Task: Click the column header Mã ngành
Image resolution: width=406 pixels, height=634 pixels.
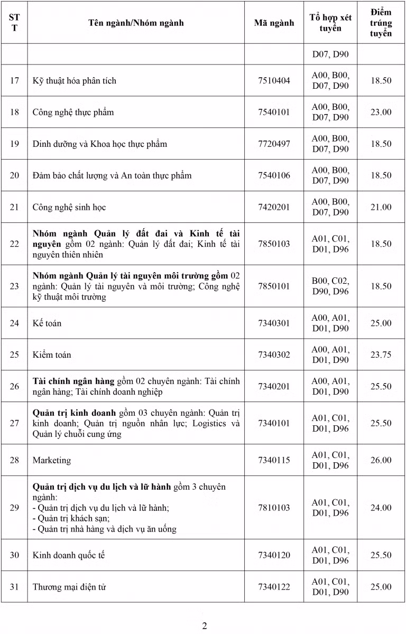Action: (x=274, y=23)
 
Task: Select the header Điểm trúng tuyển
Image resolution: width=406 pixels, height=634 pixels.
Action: (x=381, y=23)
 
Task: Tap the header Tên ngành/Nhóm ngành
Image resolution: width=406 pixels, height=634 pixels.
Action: (x=136, y=23)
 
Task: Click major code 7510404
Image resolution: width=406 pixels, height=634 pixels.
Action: (x=274, y=80)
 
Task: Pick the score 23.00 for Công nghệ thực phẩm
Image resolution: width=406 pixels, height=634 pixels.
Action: (x=381, y=112)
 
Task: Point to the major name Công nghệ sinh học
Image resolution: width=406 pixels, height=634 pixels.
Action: (x=69, y=207)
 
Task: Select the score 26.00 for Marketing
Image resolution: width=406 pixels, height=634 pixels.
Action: (x=381, y=460)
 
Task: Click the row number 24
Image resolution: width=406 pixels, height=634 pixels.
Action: (x=14, y=323)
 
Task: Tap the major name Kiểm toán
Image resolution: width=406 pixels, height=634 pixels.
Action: (x=52, y=355)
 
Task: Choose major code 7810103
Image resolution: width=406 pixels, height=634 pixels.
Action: (x=274, y=508)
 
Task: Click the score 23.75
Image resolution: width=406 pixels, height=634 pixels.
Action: (x=381, y=355)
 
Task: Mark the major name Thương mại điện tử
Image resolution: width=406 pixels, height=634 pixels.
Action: (x=70, y=587)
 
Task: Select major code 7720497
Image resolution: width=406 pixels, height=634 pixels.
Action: (x=274, y=144)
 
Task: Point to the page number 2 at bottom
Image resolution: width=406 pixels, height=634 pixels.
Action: (x=205, y=626)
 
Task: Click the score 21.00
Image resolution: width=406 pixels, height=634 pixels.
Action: (x=381, y=207)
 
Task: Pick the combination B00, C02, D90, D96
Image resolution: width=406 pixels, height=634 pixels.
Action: (x=330, y=286)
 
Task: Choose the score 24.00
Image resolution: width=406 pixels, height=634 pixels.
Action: (x=381, y=508)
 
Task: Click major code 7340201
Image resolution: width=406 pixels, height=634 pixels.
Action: (x=274, y=386)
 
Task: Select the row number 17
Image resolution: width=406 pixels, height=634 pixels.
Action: (x=14, y=80)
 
